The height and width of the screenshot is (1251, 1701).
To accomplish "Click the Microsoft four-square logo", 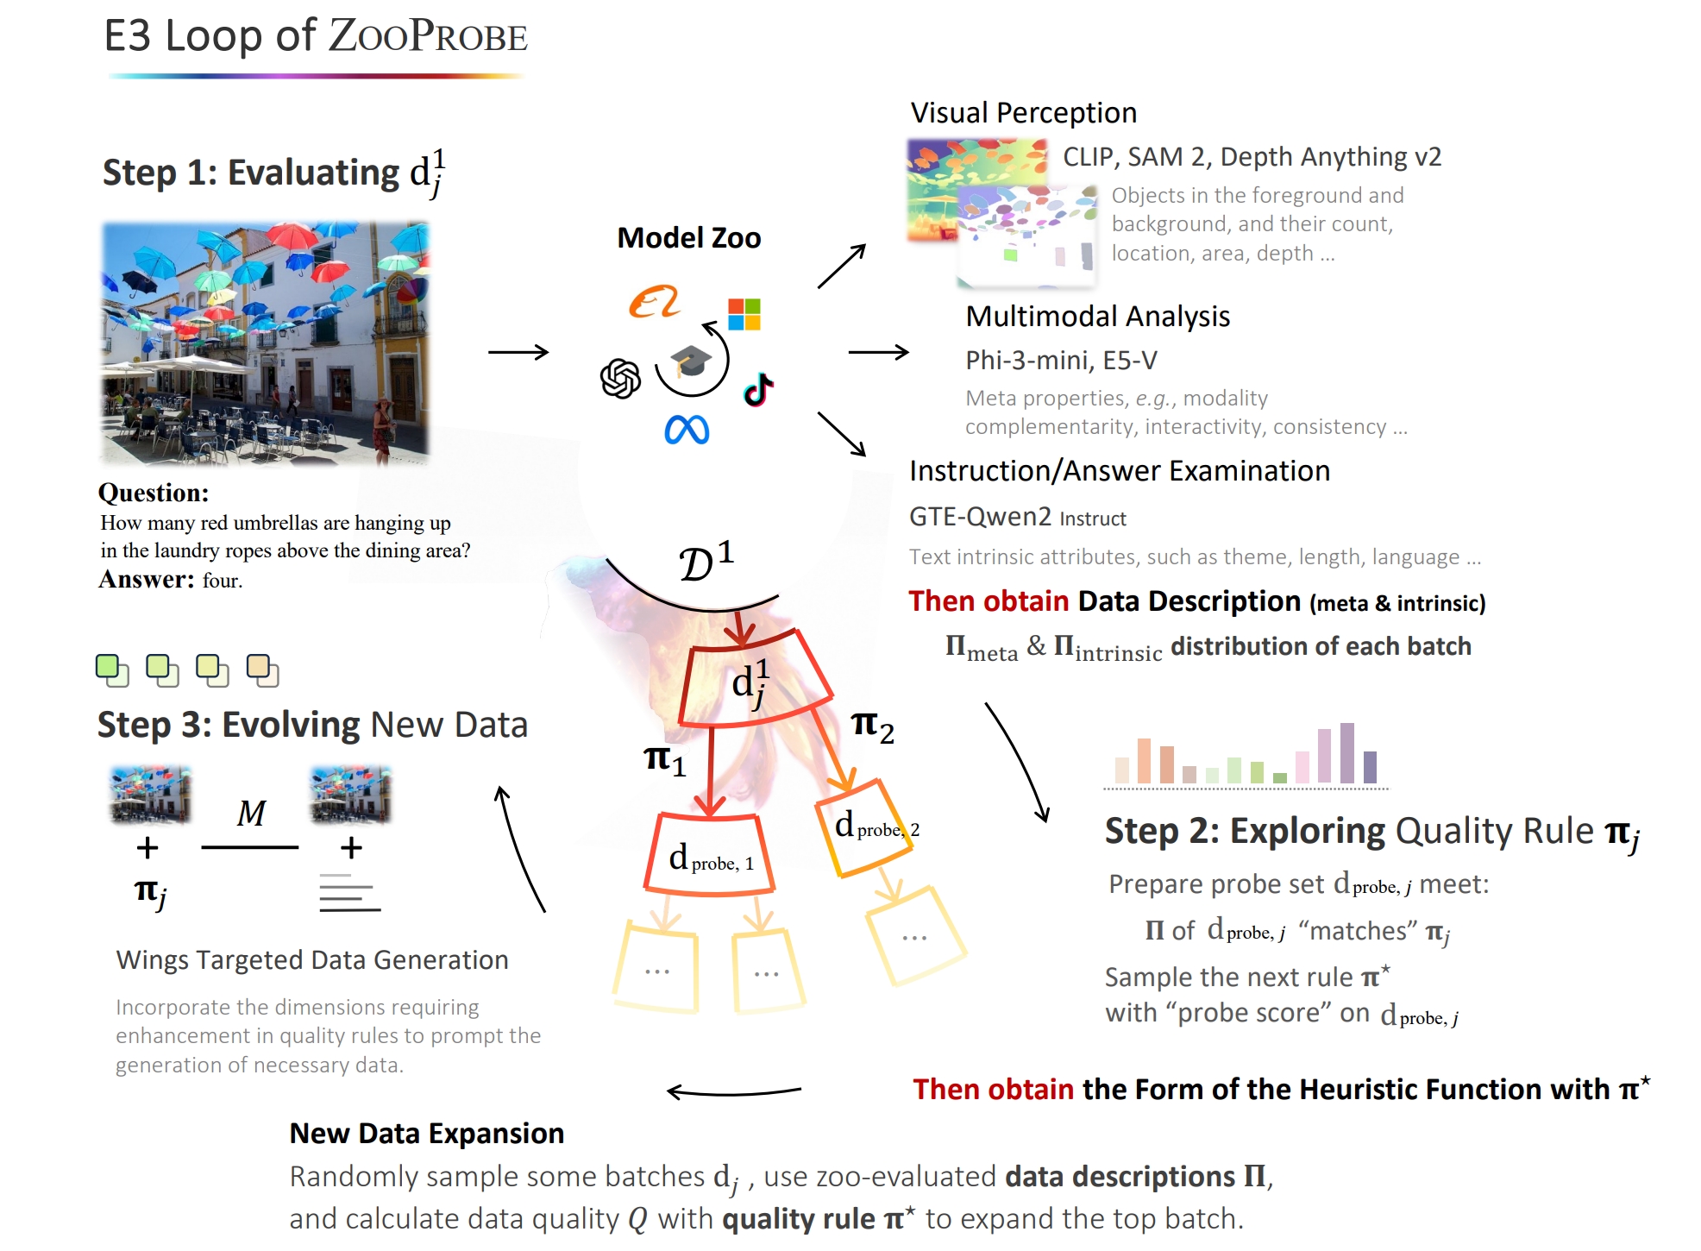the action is [x=744, y=314].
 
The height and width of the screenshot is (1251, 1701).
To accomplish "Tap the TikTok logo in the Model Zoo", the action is [x=758, y=390].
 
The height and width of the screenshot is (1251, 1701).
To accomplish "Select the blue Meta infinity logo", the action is [x=687, y=430].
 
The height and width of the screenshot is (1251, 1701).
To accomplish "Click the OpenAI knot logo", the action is [x=620, y=378].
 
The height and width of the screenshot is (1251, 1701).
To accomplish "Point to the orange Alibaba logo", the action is [x=654, y=301].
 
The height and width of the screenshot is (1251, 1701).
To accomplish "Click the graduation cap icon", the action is [x=692, y=360].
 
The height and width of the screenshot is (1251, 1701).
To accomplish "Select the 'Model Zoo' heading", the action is [x=689, y=237].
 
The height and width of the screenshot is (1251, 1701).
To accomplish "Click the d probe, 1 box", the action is [x=709, y=854].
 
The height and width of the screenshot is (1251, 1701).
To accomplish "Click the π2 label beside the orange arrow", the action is [x=873, y=726].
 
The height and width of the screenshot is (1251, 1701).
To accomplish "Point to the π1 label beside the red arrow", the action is [x=665, y=760].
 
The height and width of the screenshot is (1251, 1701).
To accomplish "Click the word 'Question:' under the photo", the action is [x=154, y=493].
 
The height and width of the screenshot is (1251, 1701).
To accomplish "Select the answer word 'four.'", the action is [x=223, y=580].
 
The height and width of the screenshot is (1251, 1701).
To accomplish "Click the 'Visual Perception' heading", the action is [x=1024, y=112].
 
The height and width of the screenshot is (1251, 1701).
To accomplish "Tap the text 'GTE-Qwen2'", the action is [x=981, y=516].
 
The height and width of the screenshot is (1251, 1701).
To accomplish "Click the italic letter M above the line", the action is [x=252, y=813].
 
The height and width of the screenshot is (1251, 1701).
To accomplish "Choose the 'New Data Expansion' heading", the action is [x=427, y=1133].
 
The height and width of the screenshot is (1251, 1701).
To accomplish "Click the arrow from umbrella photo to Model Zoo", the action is [x=518, y=352].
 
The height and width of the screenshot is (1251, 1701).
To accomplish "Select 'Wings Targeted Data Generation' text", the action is [x=312, y=960].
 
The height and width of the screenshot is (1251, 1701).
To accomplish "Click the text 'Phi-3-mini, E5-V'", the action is [x=1061, y=360].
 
